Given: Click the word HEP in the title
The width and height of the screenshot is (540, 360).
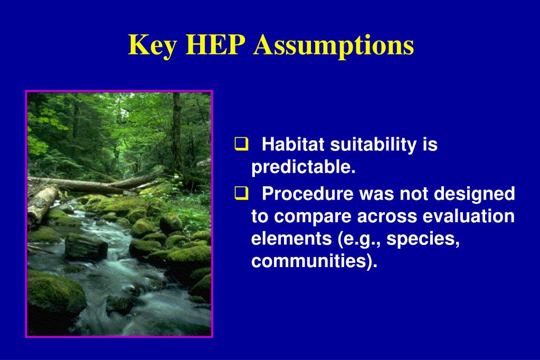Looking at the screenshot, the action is tap(215, 45).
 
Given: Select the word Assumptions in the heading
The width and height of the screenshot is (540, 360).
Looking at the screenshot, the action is tap(334, 46).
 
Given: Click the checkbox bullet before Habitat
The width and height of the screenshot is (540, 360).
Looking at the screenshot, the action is tap(241, 144).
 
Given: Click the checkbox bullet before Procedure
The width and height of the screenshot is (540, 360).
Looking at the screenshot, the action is tap(241, 193).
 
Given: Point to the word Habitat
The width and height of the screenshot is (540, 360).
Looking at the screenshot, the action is tap(293, 144).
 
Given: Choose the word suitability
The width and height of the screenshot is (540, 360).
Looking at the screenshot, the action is tap(373, 145).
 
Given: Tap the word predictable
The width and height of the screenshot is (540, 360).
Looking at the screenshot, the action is tap(303, 168).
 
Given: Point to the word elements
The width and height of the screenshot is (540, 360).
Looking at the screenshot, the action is tap(291, 239).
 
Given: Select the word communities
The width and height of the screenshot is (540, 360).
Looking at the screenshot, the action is tap(314, 261).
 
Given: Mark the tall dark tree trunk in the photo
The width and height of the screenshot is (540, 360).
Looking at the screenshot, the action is tap(177, 135).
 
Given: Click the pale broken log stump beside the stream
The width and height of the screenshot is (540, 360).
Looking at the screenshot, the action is tap(42, 205).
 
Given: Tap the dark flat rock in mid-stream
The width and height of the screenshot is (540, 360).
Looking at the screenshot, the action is tap(86, 247).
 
